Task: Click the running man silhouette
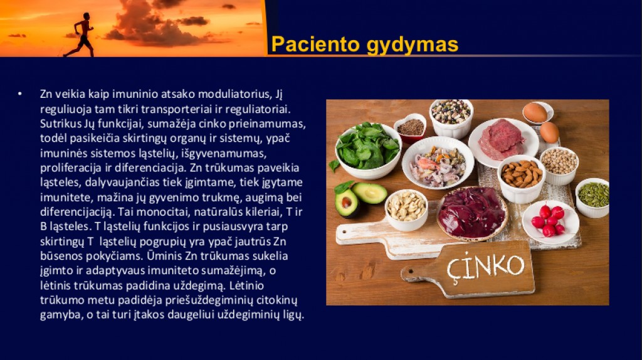click(x=81, y=35)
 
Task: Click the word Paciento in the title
click(x=316, y=45)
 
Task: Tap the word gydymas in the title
click(x=413, y=45)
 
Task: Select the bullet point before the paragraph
click(x=19, y=94)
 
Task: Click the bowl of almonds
click(x=521, y=179)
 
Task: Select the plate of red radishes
click(x=550, y=221)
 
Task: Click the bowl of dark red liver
click(x=472, y=213)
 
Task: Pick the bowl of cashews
click(x=406, y=209)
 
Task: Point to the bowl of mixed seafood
click(x=438, y=162)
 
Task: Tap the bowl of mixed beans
click(x=451, y=118)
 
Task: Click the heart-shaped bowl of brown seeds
click(x=410, y=128)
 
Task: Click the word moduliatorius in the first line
click(x=234, y=94)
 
